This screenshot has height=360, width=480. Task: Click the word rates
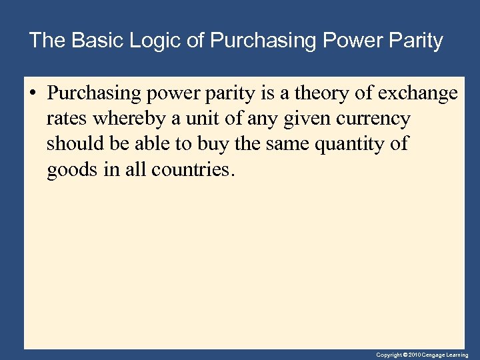pyautogui.click(x=67, y=119)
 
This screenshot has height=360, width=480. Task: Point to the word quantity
pyautogui.click(x=347, y=145)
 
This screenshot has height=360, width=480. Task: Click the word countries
pyautogui.click(x=193, y=170)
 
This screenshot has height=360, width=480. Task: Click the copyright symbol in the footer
pyautogui.click(x=405, y=355)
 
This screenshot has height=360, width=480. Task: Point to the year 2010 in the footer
pyautogui.click(x=414, y=355)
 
